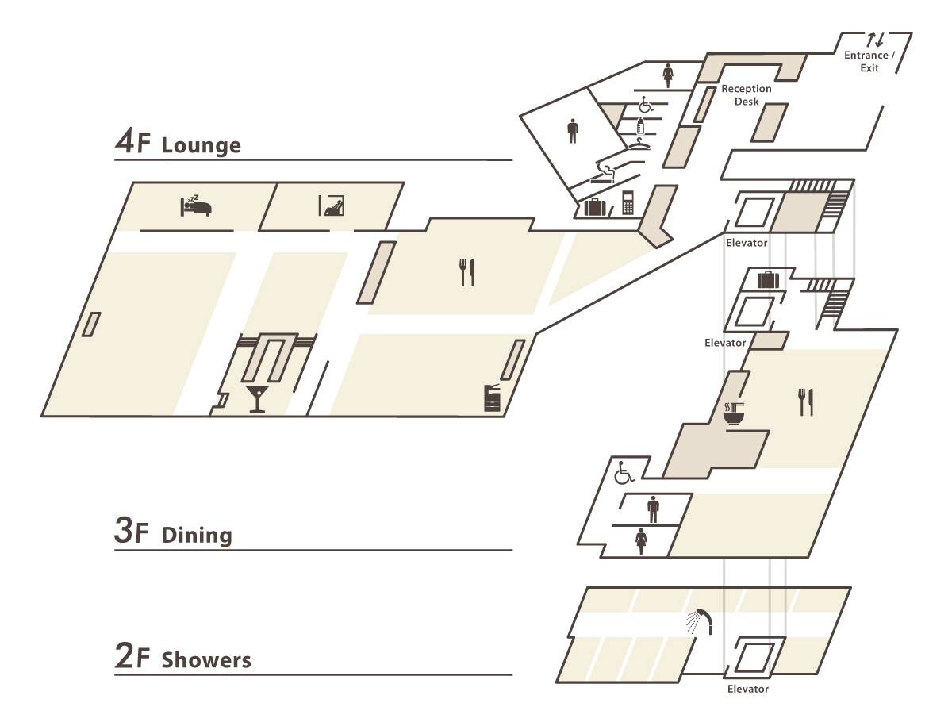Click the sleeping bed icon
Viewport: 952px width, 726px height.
pyautogui.click(x=195, y=205)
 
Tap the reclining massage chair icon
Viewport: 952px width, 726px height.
pyautogui.click(x=332, y=205)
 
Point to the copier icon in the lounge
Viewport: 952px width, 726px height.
pyautogui.click(x=493, y=397)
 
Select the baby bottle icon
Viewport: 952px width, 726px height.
pyautogui.click(x=641, y=125)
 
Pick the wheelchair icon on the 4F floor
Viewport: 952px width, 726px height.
pyautogui.click(x=645, y=104)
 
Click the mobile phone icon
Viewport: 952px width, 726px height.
pyautogui.click(x=628, y=202)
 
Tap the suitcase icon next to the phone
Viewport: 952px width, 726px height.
pyautogui.click(x=595, y=207)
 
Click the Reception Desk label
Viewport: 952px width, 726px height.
pyautogui.click(x=746, y=95)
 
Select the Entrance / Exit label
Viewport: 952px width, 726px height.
pyautogui.click(x=869, y=61)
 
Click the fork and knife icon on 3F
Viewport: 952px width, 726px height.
pyautogui.click(x=805, y=402)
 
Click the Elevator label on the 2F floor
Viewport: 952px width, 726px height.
pyautogui.click(x=747, y=689)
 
